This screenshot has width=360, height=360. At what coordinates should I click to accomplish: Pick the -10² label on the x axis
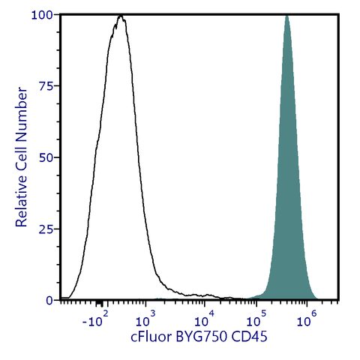click(96, 321)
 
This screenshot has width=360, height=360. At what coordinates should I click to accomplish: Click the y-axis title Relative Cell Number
click(22, 157)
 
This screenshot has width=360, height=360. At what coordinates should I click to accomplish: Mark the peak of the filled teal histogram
click(286, 16)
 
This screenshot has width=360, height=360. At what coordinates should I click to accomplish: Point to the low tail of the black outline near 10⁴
click(202, 295)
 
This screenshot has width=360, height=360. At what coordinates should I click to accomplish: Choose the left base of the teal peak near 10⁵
click(259, 295)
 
